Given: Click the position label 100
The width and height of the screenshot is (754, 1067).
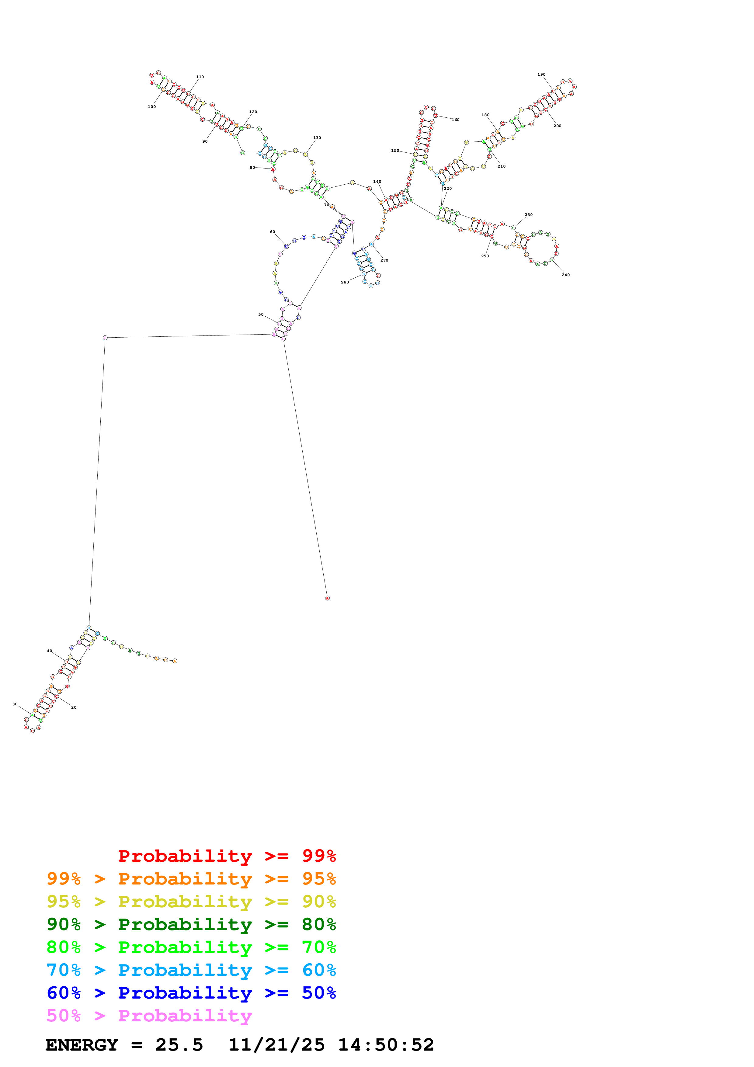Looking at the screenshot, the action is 152,107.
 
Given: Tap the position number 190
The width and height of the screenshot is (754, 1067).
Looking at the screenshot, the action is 541,74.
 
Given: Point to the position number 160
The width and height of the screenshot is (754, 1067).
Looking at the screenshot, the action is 455,120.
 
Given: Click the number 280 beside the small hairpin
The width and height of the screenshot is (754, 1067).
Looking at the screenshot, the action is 345,282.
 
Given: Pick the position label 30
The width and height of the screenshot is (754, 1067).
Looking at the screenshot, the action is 15,704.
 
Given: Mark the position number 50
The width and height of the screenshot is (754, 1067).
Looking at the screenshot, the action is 261,315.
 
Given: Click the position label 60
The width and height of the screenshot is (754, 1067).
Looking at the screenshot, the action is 273,232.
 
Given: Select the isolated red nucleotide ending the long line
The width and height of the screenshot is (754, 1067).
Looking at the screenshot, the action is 328,598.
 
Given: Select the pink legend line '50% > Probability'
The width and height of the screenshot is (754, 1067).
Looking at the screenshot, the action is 149,1016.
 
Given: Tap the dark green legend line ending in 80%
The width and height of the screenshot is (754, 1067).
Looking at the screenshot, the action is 191,924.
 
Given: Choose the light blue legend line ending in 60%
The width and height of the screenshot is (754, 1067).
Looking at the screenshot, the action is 191,970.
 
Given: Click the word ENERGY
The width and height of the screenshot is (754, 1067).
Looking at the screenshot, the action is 82,1045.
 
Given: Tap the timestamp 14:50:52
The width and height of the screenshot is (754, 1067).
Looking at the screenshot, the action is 386,1045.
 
